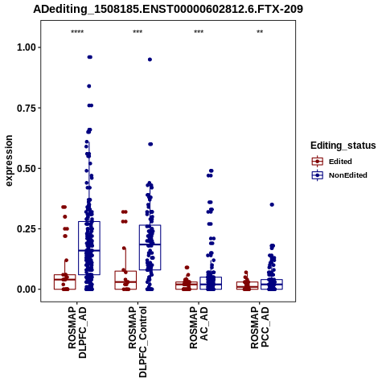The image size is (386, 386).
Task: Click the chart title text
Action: [x=168, y=10]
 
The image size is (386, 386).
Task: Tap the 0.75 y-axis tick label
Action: [x=27, y=108]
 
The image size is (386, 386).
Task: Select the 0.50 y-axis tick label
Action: [x=27, y=169]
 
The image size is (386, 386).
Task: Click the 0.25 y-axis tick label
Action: [x=27, y=229]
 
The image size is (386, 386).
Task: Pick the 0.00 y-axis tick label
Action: [x=27, y=289]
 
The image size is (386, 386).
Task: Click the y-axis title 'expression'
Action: [x=9, y=161]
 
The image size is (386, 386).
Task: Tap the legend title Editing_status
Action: [x=343, y=146]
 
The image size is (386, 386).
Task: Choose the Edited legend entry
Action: [x=332, y=162]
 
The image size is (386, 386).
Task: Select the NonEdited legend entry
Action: [x=339, y=175]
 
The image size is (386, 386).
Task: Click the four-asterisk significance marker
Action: [x=77, y=32]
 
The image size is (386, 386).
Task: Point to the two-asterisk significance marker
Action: [x=260, y=32]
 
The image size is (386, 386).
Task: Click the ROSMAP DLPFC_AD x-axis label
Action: [x=77, y=332]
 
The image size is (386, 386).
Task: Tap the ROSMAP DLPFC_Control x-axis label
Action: [x=138, y=342]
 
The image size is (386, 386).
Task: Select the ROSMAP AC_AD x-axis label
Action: [x=199, y=327]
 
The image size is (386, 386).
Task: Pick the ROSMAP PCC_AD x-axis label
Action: [x=260, y=327]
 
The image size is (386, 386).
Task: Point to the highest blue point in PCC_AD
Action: [x=272, y=205]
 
